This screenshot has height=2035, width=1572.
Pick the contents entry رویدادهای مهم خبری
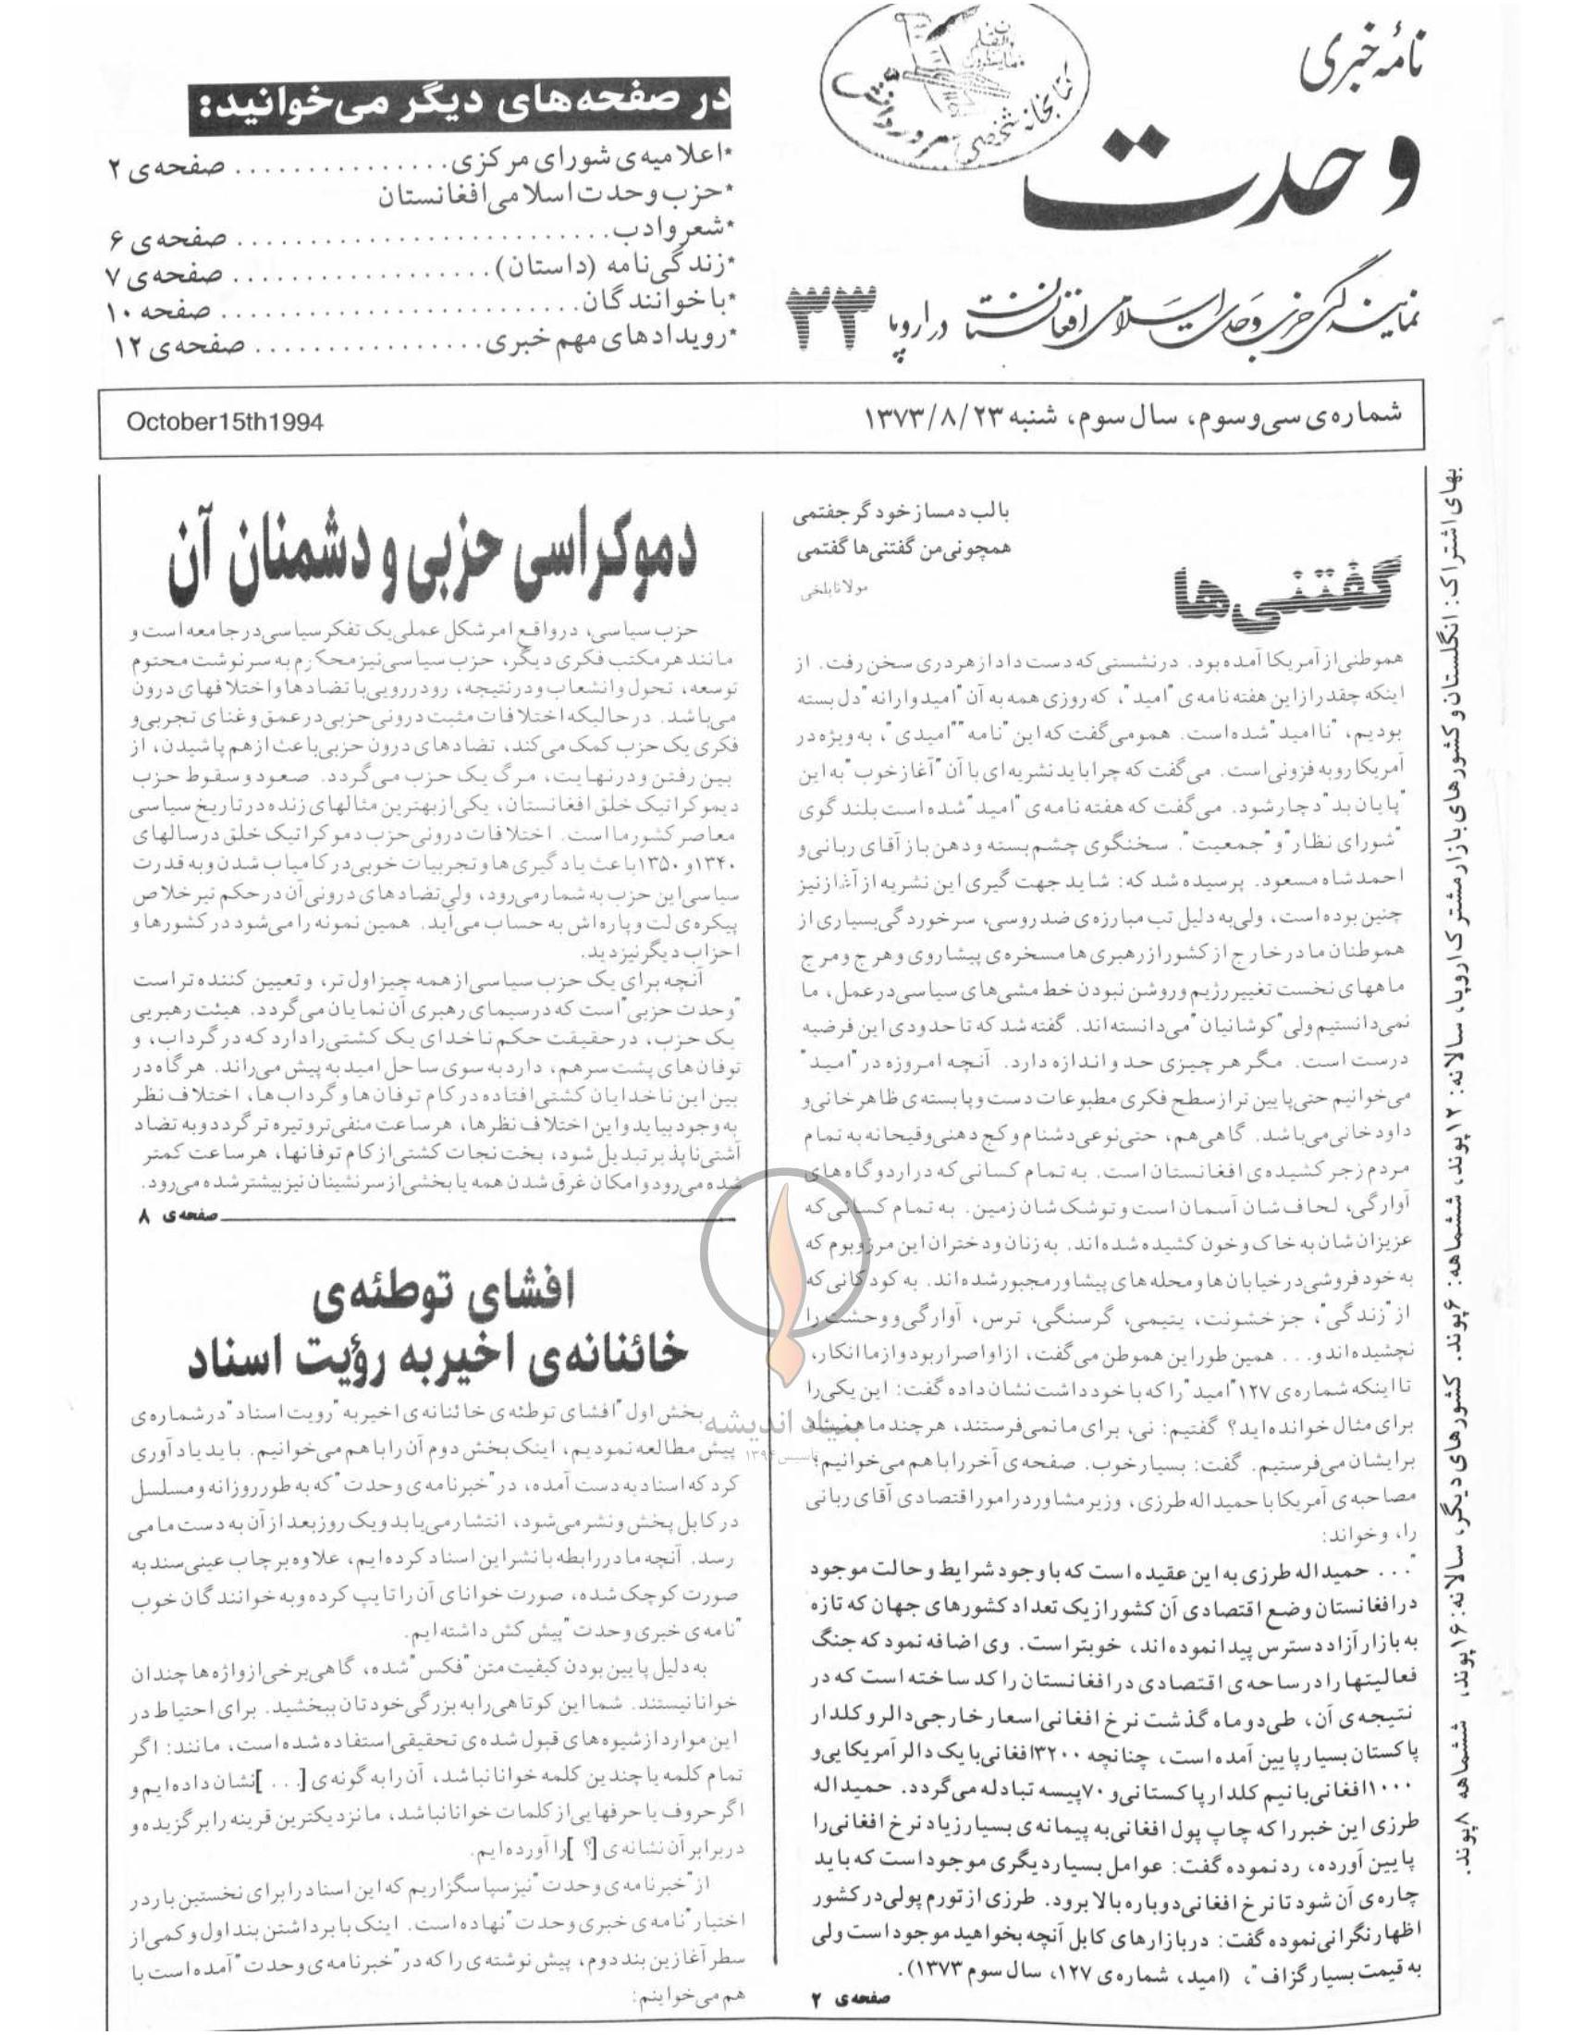point(611,347)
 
